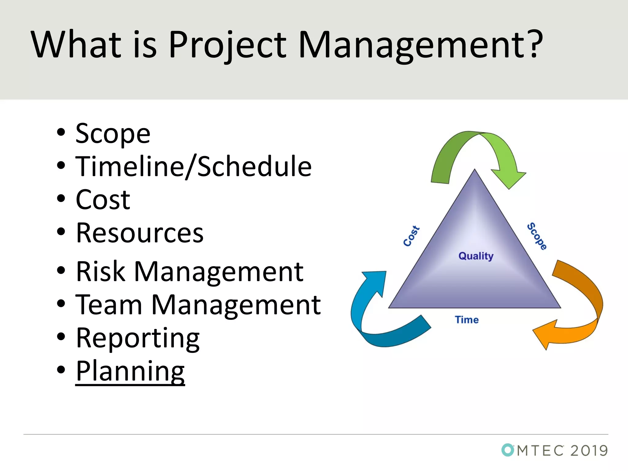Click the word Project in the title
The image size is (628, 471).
tap(227, 45)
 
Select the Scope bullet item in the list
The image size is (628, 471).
tap(113, 134)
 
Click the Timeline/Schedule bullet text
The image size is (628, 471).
tap(193, 167)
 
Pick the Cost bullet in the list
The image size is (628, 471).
tap(103, 200)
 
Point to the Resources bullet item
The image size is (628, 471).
tap(140, 233)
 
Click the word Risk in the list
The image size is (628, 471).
tap(101, 272)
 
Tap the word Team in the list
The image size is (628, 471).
tap(109, 305)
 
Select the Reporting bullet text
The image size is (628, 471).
tap(138, 338)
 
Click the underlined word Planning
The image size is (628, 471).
tap(130, 371)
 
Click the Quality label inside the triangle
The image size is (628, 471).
tap(476, 256)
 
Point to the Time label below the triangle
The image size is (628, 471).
tap(467, 320)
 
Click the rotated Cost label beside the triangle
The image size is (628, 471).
tap(411, 236)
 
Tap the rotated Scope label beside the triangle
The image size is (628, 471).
tap(537, 236)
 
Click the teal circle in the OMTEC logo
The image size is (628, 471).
tap(507, 450)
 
